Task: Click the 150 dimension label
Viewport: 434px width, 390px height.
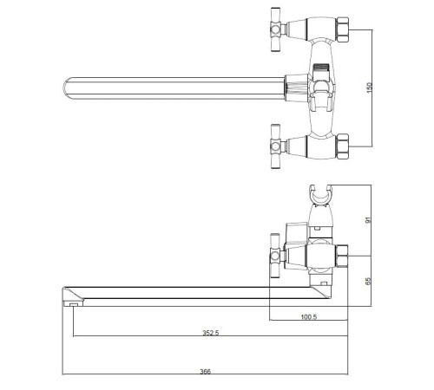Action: (x=369, y=88)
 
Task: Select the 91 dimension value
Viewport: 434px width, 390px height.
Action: (x=368, y=220)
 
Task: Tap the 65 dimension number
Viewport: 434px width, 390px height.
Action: (x=368, y=281)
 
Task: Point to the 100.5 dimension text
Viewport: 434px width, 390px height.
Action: (x=309, y=317)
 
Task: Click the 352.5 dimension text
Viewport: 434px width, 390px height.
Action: (x=211, y=333)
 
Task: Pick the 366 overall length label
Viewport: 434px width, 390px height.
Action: (x=206, y=372)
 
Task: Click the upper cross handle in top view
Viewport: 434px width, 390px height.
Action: (x=276, y=29)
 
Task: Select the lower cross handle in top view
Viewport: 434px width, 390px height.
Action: (x=276, y=146)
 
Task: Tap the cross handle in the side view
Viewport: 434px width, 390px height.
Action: (x=275, y=256)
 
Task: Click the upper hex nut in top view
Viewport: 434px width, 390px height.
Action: (x=343, y=29)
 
